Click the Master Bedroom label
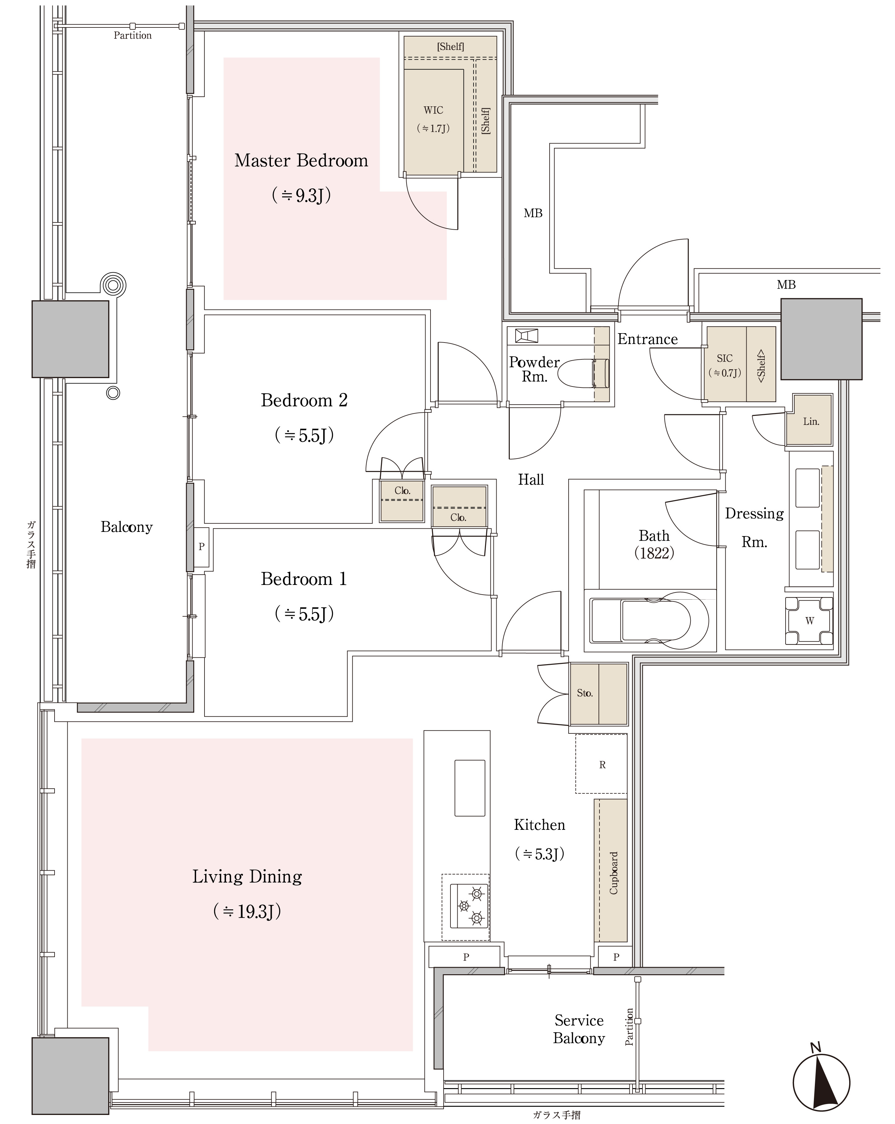pos(301,161)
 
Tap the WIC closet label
pos(433,110)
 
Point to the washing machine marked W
pos(809,620)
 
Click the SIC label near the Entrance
pos(724,358)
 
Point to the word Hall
pos(531,479)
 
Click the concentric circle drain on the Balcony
pos(113,285)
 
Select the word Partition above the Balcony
pos(133,36)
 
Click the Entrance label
pos(647,339)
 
